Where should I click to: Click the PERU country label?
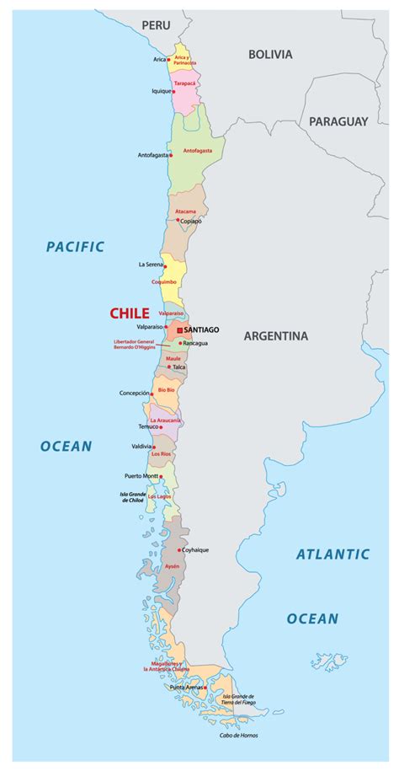[x=156, y=26]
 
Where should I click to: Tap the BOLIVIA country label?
[x=270, y=54]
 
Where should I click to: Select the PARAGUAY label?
[x=338, y=121]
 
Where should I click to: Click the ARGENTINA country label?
[x=276, y=336]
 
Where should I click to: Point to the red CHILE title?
[x=129, y=313]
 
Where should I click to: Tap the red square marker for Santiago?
[x=178, y=329]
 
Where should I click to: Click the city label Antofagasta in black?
[x=152, y=155]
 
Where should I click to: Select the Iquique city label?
[x=161, y=90]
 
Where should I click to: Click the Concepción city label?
[x=134, y=393]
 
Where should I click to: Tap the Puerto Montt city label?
[x=141, y=476]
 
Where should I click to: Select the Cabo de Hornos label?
[x=237, y=735]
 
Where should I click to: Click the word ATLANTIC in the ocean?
[x=332, y=554]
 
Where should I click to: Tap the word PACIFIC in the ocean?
[x=75, y=247]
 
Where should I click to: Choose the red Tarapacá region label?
[x=185, y=84]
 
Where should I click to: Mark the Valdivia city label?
[x=141, y=447]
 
